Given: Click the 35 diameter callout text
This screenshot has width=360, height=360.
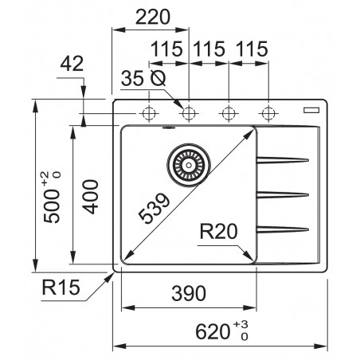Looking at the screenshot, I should click(x=143, y=78).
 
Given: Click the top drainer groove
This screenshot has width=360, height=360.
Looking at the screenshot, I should click(x=282, y=158).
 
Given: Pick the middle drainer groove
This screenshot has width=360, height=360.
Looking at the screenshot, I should click(x=282, y=194).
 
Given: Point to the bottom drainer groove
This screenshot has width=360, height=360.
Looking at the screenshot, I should click(x=282, y=229).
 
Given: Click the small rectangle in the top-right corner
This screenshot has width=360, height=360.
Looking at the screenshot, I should click(x=314, y=107).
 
